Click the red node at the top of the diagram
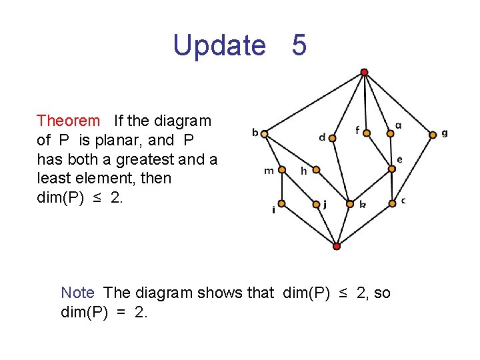point(364,72)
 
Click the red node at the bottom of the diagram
point(337,246)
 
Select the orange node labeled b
point(265,134)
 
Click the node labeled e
point(392,169)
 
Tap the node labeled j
point(316,204)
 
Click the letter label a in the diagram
point(399,125)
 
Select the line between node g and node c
point(413,167)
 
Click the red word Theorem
point(68,121)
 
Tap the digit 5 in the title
point(299,45)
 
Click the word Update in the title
point(219,45)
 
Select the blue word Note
point(77,293)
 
